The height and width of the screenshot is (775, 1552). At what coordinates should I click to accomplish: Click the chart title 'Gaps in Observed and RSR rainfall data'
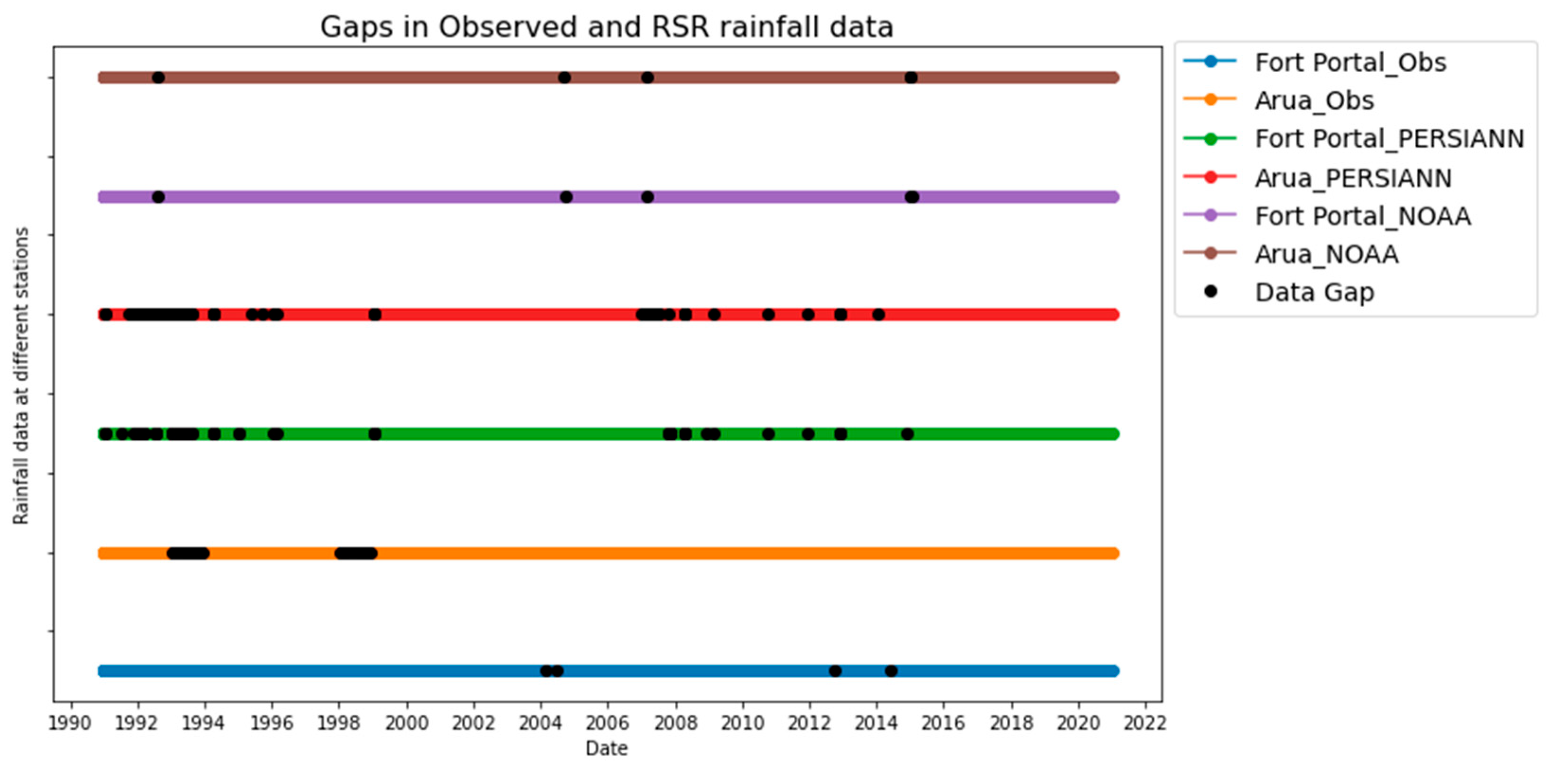pos(606,27)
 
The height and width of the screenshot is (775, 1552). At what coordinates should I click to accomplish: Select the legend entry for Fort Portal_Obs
pos(1349,62)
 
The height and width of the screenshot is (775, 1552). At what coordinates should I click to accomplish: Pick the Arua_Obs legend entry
pos(1314,100)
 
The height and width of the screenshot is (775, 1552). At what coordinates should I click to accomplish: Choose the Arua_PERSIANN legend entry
pos(1353,178)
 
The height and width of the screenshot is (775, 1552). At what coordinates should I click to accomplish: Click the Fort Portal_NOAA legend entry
pos(1362,216)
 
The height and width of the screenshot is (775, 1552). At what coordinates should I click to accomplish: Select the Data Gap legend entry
pos(1314,292)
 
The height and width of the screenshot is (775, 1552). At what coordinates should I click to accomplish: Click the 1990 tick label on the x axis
pos(71,722)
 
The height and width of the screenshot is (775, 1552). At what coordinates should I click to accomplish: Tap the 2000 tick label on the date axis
pos(406,722)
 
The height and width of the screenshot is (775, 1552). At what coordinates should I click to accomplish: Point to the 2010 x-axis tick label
pos(742,722)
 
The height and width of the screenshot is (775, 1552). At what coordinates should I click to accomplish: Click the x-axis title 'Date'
pos(606,748)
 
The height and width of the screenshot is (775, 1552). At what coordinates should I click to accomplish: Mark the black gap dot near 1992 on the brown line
pos(158,78)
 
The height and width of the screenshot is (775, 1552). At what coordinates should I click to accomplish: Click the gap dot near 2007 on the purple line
pos(647,197)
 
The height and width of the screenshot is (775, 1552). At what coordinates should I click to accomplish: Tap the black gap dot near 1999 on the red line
pos(375,314)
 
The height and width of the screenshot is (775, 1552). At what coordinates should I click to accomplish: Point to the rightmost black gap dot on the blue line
pos(891,671)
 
